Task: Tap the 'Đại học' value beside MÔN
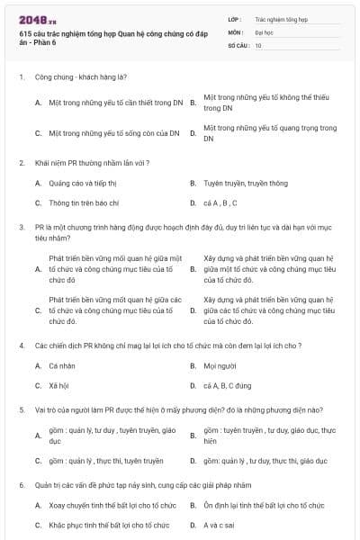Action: tap(264, 31)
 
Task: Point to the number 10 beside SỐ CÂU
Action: tap(258, 45)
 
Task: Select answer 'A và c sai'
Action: tap(219, 525)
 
